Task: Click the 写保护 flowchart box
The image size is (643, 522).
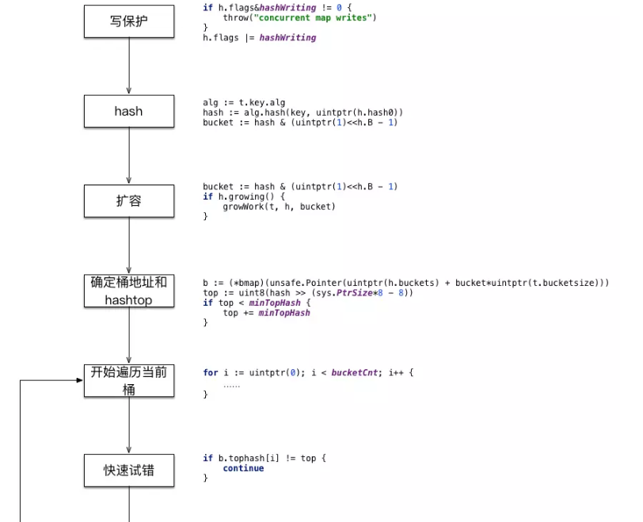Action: coord(128,21)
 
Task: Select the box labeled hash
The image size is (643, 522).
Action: coord(128,111)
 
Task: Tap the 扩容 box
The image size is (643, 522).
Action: coord(128,201)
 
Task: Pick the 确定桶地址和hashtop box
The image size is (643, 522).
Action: coord(128,291)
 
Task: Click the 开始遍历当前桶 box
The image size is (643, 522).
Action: coord(128,380)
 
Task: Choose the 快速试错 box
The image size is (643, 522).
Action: coord(128,471)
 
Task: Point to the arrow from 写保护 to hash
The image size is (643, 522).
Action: coord(128,67)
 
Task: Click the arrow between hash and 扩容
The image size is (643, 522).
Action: coord(128,156)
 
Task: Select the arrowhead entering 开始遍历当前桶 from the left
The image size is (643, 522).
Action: coord(79,380)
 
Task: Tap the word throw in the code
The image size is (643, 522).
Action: coord(236,17)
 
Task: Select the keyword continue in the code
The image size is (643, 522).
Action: coord(243,468)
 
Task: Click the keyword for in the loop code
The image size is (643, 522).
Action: coord(210,372)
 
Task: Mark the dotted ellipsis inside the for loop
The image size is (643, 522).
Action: coord(231,384)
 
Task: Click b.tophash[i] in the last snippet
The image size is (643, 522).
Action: coord(244,458)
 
